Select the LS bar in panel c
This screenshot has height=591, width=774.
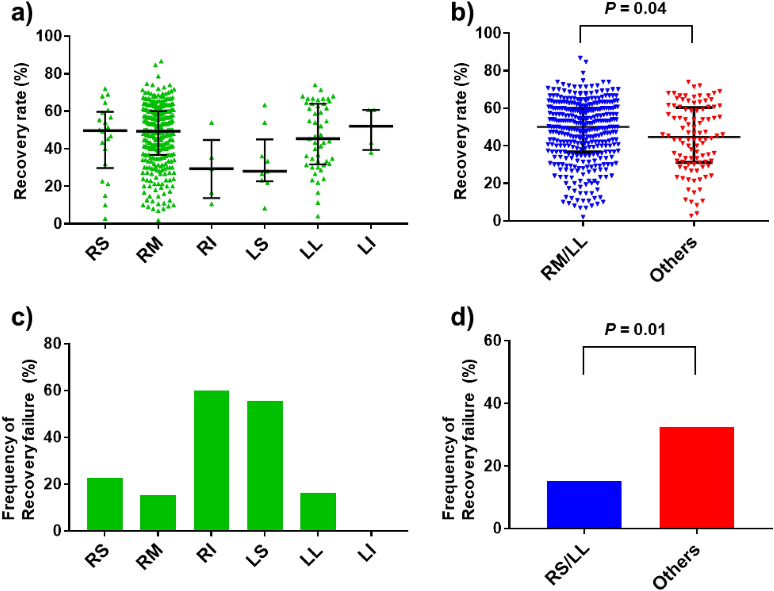[265, 466]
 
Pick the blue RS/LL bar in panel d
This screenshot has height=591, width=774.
[584, 504]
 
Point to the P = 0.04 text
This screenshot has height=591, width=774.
[635, 8]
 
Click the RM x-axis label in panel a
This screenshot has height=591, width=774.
[150, 250]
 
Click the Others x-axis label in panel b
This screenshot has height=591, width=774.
[673, 260]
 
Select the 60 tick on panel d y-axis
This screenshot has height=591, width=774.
[493, 341]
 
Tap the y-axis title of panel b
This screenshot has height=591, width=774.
[460, 131]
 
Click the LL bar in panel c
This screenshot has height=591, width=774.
[318, 511]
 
